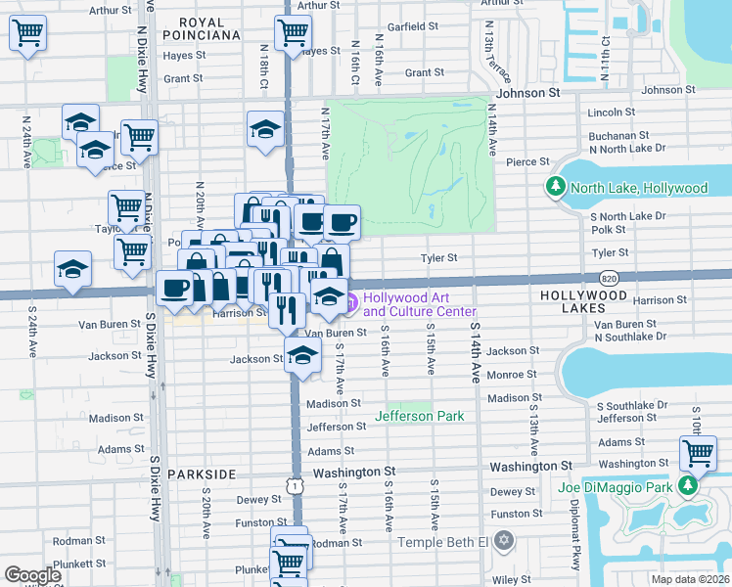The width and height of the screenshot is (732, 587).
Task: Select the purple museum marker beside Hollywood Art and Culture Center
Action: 349,302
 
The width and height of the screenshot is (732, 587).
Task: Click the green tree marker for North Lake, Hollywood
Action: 556,187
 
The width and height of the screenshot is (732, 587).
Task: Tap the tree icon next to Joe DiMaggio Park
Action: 689,486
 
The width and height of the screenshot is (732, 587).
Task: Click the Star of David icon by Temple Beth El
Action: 504,541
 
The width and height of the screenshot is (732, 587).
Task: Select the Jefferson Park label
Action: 420,416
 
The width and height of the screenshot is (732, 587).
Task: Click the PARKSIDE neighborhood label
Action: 202,474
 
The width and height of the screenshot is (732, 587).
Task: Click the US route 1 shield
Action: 295,485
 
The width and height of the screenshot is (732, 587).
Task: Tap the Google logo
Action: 32,574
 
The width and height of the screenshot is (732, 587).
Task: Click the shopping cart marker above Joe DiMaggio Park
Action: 697,453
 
